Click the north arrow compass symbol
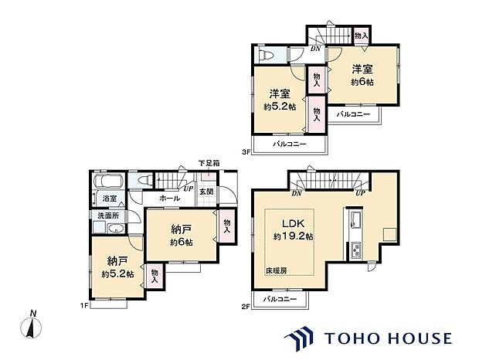tap(31, 327)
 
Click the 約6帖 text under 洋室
tap(362, 81)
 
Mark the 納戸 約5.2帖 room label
tap(117, 267)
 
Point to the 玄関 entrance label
tap(206, 192)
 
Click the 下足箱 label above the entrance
tap(209, 163)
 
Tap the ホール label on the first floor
tap(169, 199)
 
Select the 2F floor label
tap(246, 307)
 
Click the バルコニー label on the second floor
tap(279, 298)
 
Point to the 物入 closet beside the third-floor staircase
tap(360, 36)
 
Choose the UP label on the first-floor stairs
tap(188, 188)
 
